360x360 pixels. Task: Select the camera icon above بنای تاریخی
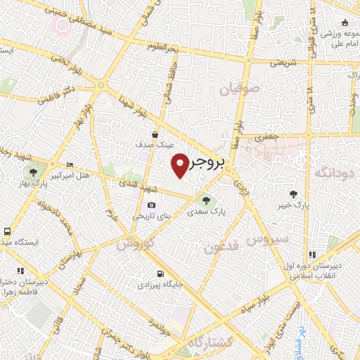(x=152, y=204)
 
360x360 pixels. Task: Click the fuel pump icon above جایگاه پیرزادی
(x=161, y=274)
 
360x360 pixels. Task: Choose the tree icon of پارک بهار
(x=32, y=172)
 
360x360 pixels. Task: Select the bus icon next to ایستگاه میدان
(x=7, y=231)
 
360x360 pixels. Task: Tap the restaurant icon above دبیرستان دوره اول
(x=311, y=255)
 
